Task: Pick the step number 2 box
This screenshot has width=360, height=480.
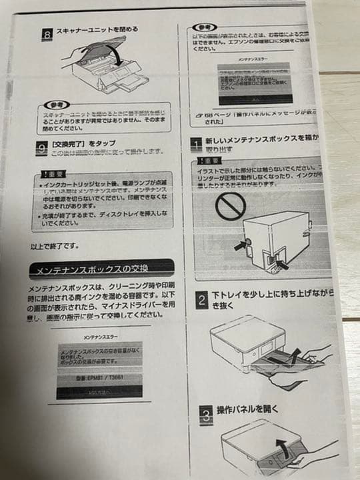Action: [201, 299]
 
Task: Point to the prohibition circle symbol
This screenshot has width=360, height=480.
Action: [230, 207]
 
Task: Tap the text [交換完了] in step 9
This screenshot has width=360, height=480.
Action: [69, 142]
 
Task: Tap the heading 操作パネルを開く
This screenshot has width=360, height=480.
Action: [247, 409]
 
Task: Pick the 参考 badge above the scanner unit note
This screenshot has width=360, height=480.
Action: [54, 106]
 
